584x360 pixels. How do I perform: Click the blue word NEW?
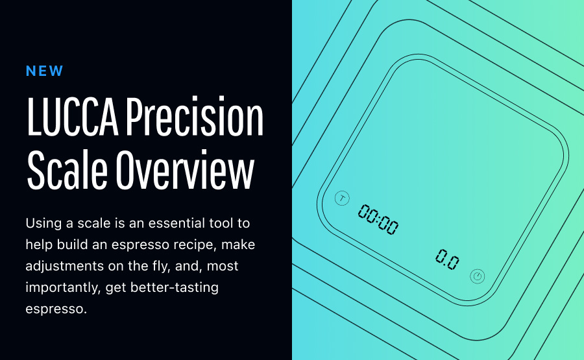coord(44,71)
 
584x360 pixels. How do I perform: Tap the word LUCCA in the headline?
coord(73,117)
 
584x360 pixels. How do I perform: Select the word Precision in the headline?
coord(195,115)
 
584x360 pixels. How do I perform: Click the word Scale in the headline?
coord(67,170)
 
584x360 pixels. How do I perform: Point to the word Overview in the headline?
coord(185,170)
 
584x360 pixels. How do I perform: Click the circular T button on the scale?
coord(342,198)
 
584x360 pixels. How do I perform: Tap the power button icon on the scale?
coord(477,276)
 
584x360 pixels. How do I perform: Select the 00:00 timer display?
coord(378,220)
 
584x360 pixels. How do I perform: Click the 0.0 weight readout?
coord(447,259)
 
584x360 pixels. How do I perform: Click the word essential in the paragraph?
coord(176,223)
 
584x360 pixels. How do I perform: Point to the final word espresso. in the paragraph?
coord(56,309)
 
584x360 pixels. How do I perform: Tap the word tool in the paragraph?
coord(221,223)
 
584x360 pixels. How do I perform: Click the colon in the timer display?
coord(378,221)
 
